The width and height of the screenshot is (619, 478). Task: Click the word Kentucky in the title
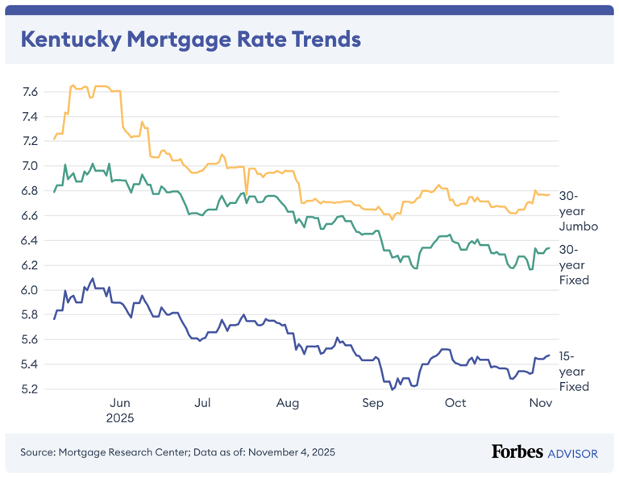72,39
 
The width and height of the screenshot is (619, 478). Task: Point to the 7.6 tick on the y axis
29,92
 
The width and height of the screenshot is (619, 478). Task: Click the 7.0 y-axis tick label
29,166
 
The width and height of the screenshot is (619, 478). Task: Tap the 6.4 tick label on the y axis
29,240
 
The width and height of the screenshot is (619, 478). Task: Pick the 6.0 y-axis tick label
29,290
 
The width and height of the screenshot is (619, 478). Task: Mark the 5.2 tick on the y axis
29,389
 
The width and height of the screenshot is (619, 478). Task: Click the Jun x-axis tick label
119,403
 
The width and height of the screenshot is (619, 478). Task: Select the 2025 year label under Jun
119,418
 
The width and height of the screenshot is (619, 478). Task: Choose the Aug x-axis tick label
287,403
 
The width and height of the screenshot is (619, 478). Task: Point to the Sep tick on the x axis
372,403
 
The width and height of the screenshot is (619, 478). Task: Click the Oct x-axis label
455,403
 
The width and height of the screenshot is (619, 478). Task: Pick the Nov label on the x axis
539,403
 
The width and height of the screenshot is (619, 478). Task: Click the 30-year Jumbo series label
578,211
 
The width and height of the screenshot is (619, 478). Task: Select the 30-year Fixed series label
574,264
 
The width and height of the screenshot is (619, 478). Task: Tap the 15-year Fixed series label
574,371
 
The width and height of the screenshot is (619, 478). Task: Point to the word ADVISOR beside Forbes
573,453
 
